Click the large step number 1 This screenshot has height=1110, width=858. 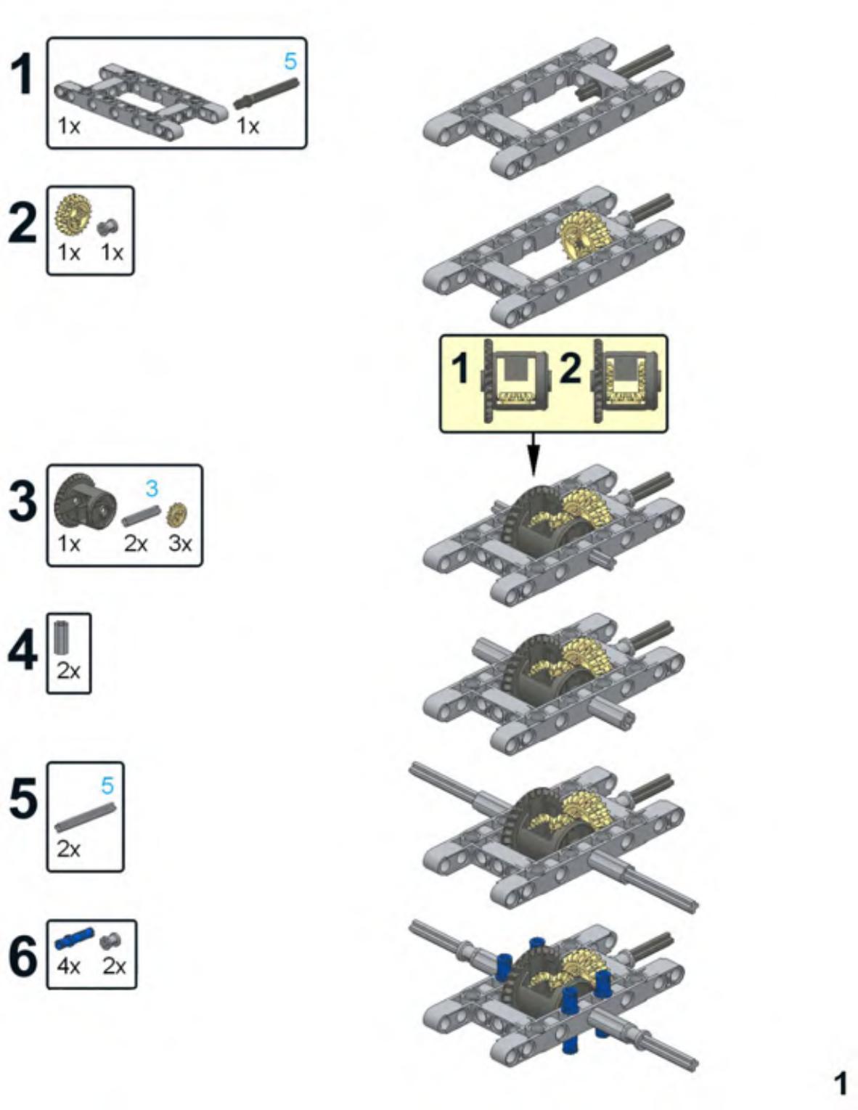coord(23,76)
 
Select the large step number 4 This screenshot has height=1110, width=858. coord(23,650)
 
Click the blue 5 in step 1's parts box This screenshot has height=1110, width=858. coord(290,61)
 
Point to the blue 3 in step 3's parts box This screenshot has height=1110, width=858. coord(152,489)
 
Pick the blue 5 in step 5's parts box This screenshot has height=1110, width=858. coord(107,785)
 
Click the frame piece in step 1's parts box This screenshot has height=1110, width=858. coord(141,101)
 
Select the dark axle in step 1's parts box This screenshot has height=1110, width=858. coord(266,93)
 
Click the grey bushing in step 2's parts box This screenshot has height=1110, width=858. coord(107,227)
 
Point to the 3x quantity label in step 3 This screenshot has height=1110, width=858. coord(180,544)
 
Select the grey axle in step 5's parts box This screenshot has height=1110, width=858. coord(85,817)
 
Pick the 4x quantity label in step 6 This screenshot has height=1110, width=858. coord(68,966)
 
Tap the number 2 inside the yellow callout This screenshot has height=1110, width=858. coord(571,369)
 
